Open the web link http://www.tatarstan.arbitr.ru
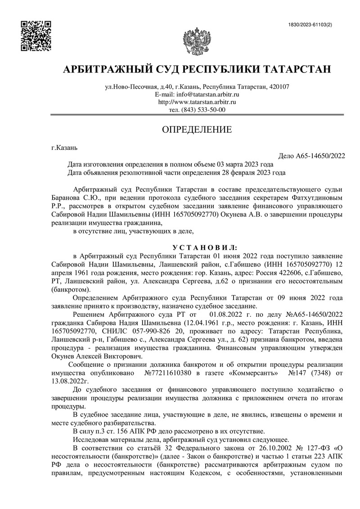coord(197,102)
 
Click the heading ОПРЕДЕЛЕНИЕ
coord(197,131)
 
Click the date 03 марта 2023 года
coord(245,164)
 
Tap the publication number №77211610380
coord(171,373)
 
